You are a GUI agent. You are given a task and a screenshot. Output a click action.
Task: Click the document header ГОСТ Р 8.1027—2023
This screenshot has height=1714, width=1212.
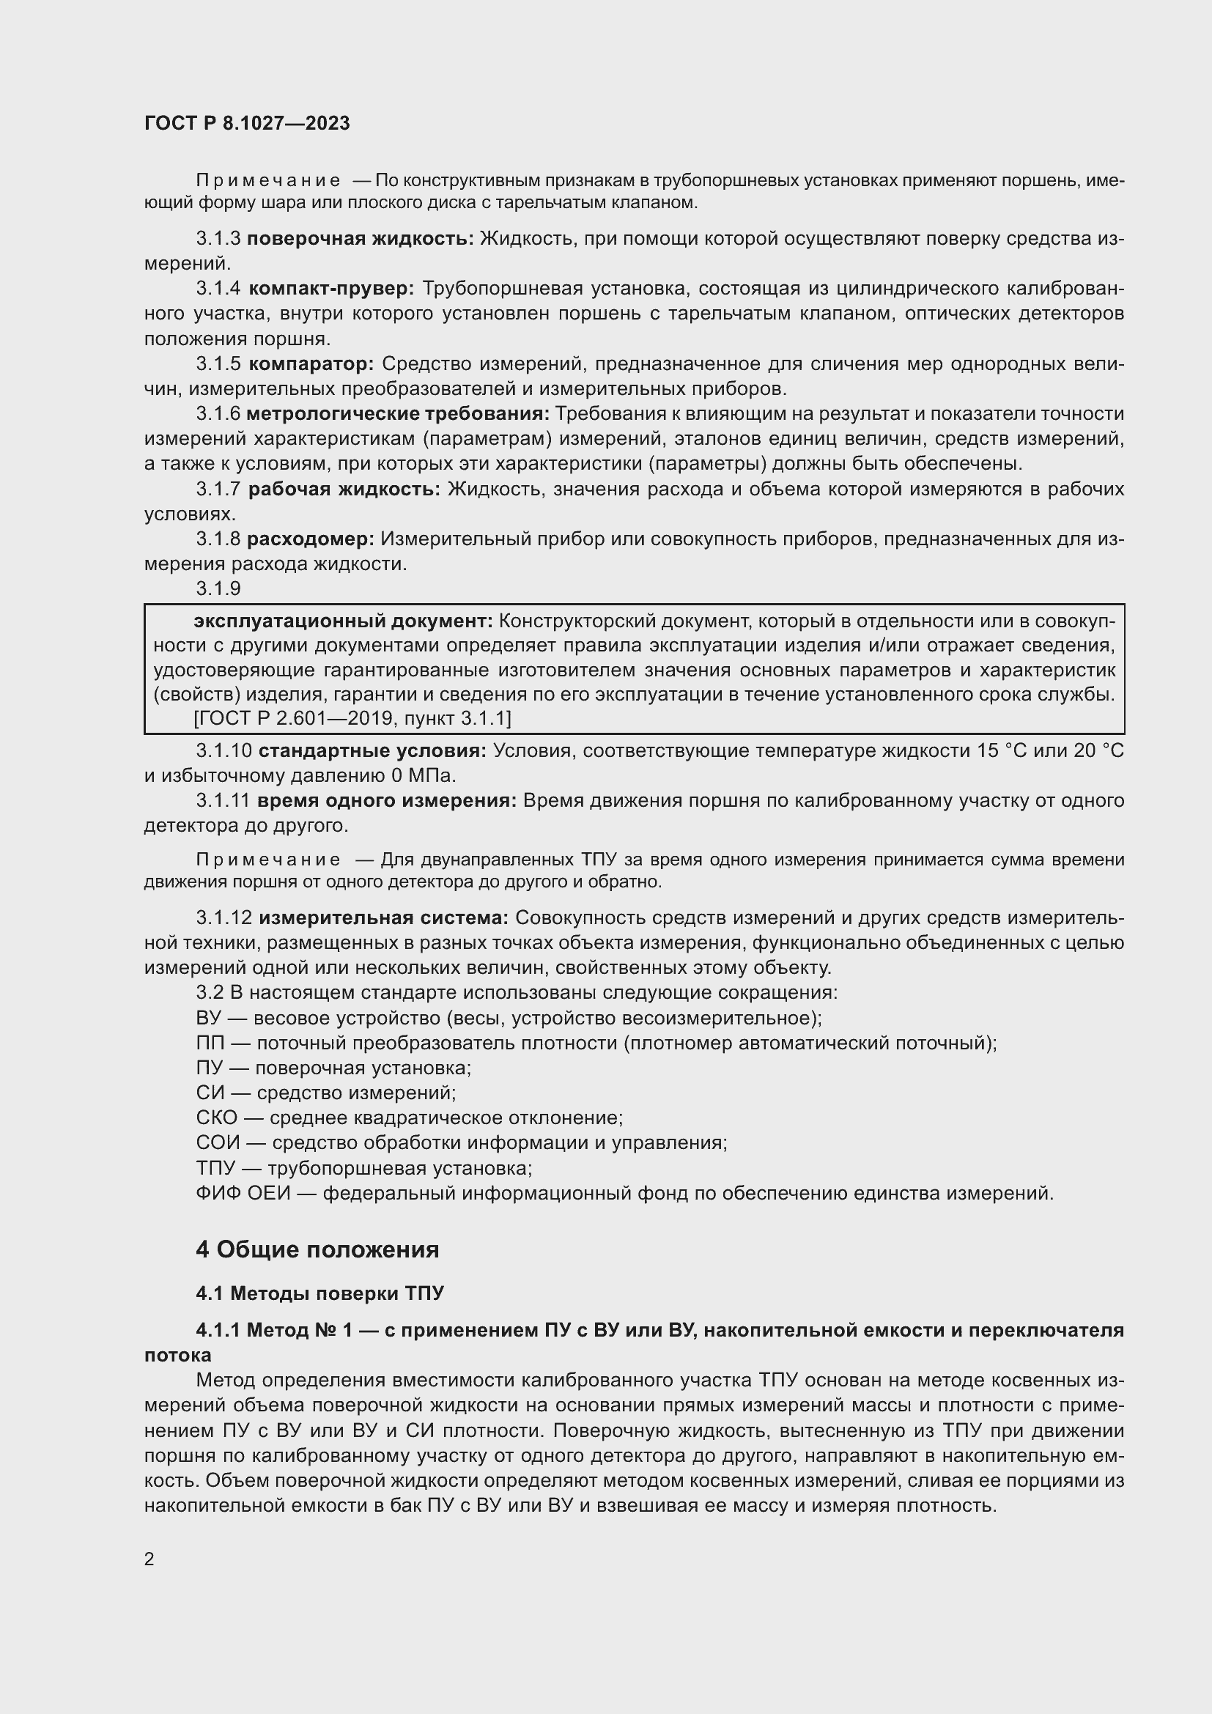[x=247, y=124]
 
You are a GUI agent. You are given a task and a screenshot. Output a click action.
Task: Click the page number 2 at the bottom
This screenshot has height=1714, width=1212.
[x=149, y=1559]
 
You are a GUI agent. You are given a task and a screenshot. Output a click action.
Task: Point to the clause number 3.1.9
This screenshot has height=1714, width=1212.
[x=218, y=589]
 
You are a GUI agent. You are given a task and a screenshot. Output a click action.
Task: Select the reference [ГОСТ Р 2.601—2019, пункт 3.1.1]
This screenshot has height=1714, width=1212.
[x=352, y=719]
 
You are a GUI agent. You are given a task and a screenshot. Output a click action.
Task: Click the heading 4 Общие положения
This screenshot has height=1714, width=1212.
[x=317, y=1249]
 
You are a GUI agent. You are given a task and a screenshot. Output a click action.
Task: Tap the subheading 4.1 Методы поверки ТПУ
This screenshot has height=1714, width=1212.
[x=319, y=1293]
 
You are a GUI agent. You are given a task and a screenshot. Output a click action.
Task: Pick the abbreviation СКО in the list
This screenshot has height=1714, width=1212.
[x=216, y=1118]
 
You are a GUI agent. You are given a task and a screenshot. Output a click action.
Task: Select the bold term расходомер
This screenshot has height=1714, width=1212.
[x=311, y=539]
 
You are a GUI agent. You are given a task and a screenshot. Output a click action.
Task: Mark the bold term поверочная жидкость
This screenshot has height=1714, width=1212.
[x=361, y=239]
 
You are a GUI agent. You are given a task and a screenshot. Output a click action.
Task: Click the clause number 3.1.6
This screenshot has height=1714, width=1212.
[x=218, y=414]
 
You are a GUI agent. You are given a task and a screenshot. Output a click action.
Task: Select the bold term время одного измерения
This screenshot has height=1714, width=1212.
[x=387, y=801]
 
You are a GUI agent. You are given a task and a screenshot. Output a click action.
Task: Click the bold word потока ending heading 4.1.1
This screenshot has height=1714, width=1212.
[x=177, y=1355]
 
